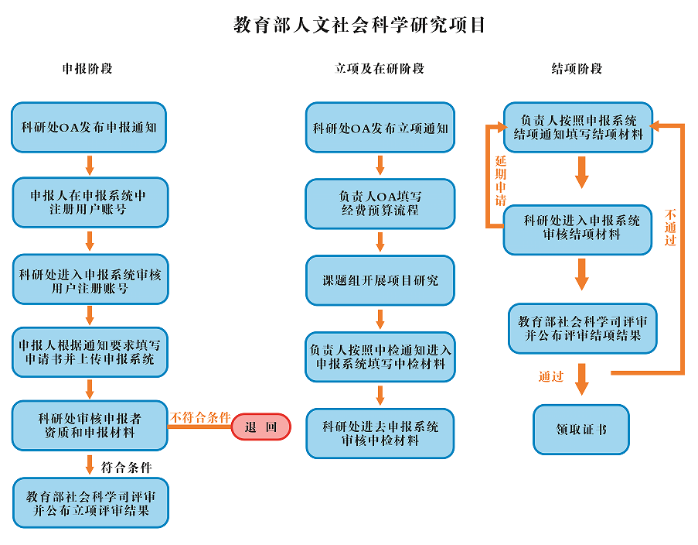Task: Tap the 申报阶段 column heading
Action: pyautogui.click(x=87, y=68)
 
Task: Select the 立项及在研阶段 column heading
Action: pyautogui.click(x=380, y=68)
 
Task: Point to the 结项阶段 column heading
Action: pyautogui.click(x=577, y=68)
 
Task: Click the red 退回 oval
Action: pyautogui.click(x=260, y=427)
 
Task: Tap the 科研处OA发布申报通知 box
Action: pyautogui.click(x=89, y=127)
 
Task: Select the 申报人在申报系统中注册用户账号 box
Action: pyautogui.click(x=89, y=202)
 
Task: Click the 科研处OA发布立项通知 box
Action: pyautogui.click(x=380, y=128)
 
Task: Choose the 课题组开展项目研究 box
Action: pyautogui.click(x=380, y=280)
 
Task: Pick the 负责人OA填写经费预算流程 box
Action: pyautogui.click(x=380, y=204)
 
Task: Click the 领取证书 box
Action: pyautogui.click(x=581, y=429)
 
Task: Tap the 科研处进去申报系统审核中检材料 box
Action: pyautogui.click(x=380, y=434)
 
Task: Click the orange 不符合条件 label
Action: pyautogui.click(x=200, y=417)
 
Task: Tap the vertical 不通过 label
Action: pyautogui.click(x=670, y=227)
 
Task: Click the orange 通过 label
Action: pyautogui.click(x=551, y=377)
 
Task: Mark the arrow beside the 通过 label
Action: pyautogui.click(x=582, y=379)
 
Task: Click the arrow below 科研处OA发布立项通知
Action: pyautogui.click(x=380, y=165)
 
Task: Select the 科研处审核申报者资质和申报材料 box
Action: pyautogui.click(x=89, y=426)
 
